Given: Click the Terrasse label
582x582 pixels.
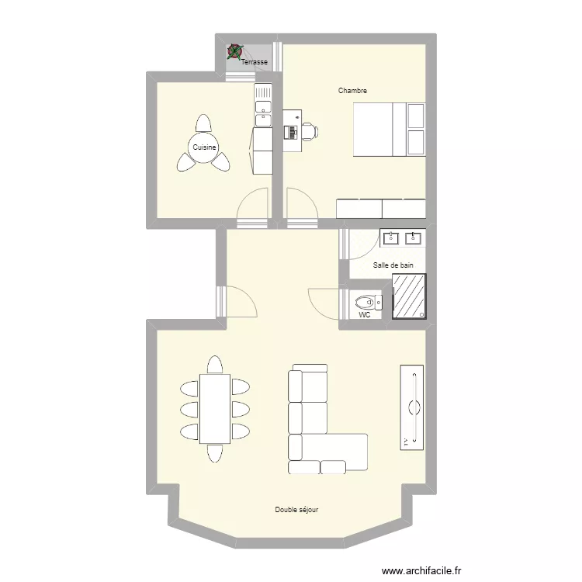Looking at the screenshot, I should pos(255,62).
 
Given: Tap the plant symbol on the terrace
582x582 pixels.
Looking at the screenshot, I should pos(234,53).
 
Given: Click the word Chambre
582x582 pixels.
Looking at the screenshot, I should pos(352,91).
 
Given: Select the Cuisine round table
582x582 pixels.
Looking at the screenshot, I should pos(204,147).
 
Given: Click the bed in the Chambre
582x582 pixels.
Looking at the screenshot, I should pos(389,129).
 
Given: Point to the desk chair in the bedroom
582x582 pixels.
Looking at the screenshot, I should pos(309,131).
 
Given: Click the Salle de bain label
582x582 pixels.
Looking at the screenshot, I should pos(393,265).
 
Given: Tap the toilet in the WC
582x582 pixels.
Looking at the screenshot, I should pos(365,301).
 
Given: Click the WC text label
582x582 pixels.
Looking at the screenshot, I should pos(365,316).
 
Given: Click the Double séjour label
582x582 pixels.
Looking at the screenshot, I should pos(296,510).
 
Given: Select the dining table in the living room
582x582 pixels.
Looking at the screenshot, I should pos(214,408).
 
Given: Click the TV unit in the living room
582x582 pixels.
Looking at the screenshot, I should pos(413,406).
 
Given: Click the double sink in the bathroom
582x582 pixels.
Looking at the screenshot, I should pos(402,237).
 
